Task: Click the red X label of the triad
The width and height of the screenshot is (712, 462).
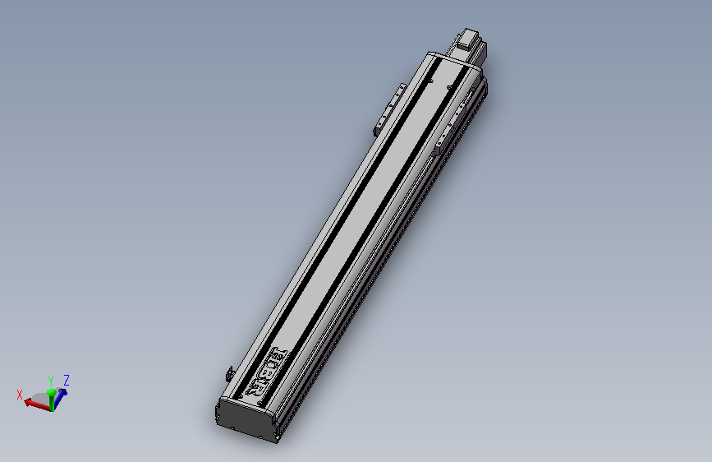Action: click(20, 395)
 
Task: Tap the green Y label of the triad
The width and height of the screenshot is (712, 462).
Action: click(51, 381)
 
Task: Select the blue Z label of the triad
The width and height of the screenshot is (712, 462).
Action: click(66, 380)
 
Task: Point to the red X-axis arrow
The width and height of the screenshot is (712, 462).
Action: click(34, 403)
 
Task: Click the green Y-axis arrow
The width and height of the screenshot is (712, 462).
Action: click(51, 397)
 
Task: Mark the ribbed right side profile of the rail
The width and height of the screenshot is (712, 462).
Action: click(386, 263)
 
